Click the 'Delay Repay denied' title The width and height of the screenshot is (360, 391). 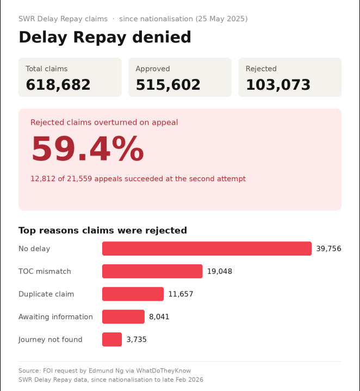point(105,38)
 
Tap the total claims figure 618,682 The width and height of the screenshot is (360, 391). point(58,85)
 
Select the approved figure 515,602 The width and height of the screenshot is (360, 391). point(168,85)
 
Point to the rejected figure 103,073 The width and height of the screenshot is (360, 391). point(278,85)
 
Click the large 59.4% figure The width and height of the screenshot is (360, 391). point(88,149)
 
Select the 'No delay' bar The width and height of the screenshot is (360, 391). point(207,249)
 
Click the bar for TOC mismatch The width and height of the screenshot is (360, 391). point(152,271)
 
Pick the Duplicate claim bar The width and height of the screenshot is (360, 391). point(133,294)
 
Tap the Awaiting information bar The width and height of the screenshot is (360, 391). point(123,316)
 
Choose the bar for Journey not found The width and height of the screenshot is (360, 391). point(112,339)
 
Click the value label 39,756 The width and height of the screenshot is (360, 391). point(328,249)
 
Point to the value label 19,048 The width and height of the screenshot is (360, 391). point(220,271)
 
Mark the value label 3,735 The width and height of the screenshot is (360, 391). point(136,339)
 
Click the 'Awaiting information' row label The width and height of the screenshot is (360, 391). point(55,316)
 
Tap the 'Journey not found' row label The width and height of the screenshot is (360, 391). point(51,339)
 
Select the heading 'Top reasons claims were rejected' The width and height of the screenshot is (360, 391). point(103,231)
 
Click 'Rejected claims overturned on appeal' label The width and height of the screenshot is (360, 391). point(104,122)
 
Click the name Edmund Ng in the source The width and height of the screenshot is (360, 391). point(106,370)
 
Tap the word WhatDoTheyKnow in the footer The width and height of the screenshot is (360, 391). point(164,370)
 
